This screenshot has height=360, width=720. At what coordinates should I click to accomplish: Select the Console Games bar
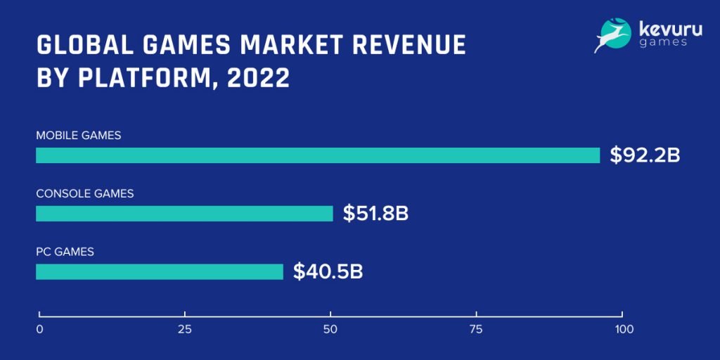[x=184, y=214]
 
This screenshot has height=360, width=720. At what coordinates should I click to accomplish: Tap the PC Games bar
[x=160, y=271]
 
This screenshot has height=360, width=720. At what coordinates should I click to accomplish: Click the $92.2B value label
[x=645, y=155]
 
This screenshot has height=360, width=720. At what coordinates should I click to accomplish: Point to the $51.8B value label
[x=375, y=214]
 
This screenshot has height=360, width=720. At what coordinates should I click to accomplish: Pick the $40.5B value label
[x=328, y=271]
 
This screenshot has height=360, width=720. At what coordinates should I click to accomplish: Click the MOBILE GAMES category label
[x=79, y=136]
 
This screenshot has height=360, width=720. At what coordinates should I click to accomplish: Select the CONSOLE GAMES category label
[x=84, y=193]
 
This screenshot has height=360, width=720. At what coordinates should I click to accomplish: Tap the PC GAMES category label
[x=65, y=251]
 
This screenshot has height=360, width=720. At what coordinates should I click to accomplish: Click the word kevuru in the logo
[x=665, y=30]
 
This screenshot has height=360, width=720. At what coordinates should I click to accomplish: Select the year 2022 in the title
[x=259, y=77]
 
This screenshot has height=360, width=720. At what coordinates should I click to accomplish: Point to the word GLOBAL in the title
[x=79, y=44]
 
